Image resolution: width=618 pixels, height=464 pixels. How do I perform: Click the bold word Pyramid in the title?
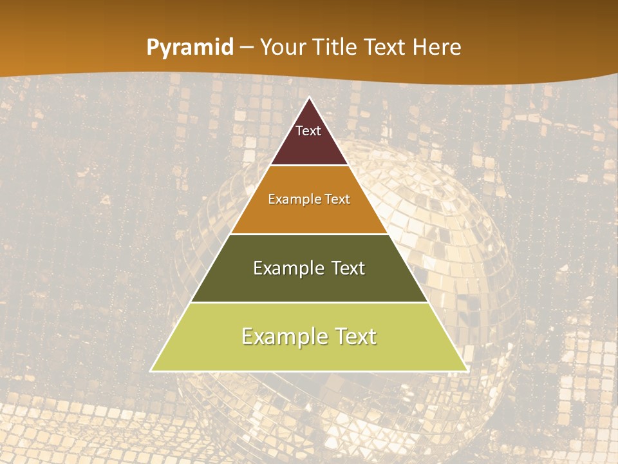point(190,48)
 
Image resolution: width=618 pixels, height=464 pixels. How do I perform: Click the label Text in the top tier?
point(308,131)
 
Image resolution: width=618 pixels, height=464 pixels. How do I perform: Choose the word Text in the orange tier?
point(338,200)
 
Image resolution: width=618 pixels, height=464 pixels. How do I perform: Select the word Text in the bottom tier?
point(356,336)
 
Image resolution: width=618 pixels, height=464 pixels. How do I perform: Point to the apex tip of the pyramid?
point(309,99)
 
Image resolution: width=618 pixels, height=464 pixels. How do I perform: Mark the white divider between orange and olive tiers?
point(309,234)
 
